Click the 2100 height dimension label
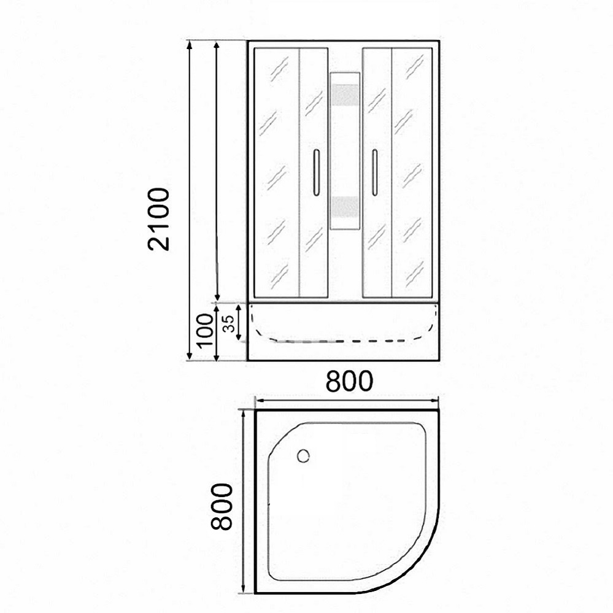(x=159, y=219)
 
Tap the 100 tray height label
(x=205, y=330)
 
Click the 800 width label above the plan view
(x=349, y=382)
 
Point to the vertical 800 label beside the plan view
(x=222, y=506)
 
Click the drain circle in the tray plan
(x=303, y=456)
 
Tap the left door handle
(x=316, y=172)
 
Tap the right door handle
(x=374, y=172)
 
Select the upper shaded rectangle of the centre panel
(x=345, y=95)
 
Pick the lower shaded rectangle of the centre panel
(x=345, y=207)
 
